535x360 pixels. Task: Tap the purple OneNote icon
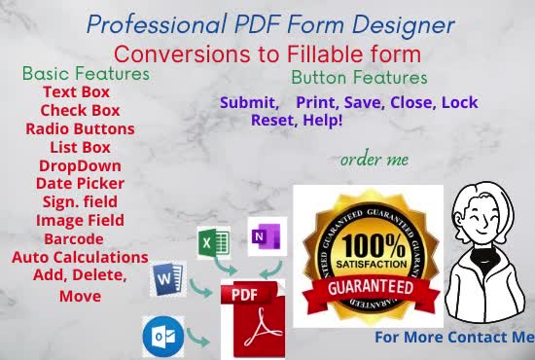point(267,236)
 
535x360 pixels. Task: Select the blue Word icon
point(167,283)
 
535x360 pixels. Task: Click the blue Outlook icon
point(161,336)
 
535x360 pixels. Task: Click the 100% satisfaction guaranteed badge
point(368,256)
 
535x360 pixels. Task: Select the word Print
point(322,102)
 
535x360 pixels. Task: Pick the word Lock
point(459,102)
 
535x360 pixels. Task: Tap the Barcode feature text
point(78,239)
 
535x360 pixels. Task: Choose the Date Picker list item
point(78,183)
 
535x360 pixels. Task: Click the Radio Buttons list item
point(80,128)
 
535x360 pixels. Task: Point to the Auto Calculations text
point(80,258)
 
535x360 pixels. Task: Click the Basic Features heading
point(86,73)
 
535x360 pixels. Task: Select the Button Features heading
point(359,77)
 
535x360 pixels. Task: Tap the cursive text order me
point(374,159)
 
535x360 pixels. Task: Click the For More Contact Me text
point(454,338)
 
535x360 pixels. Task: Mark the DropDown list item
point(78,165)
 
